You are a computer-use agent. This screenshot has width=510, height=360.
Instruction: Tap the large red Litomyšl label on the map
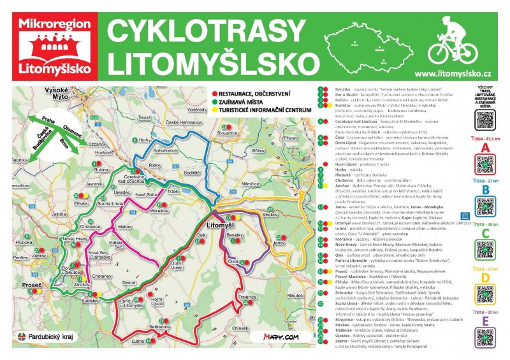coord(222,225)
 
